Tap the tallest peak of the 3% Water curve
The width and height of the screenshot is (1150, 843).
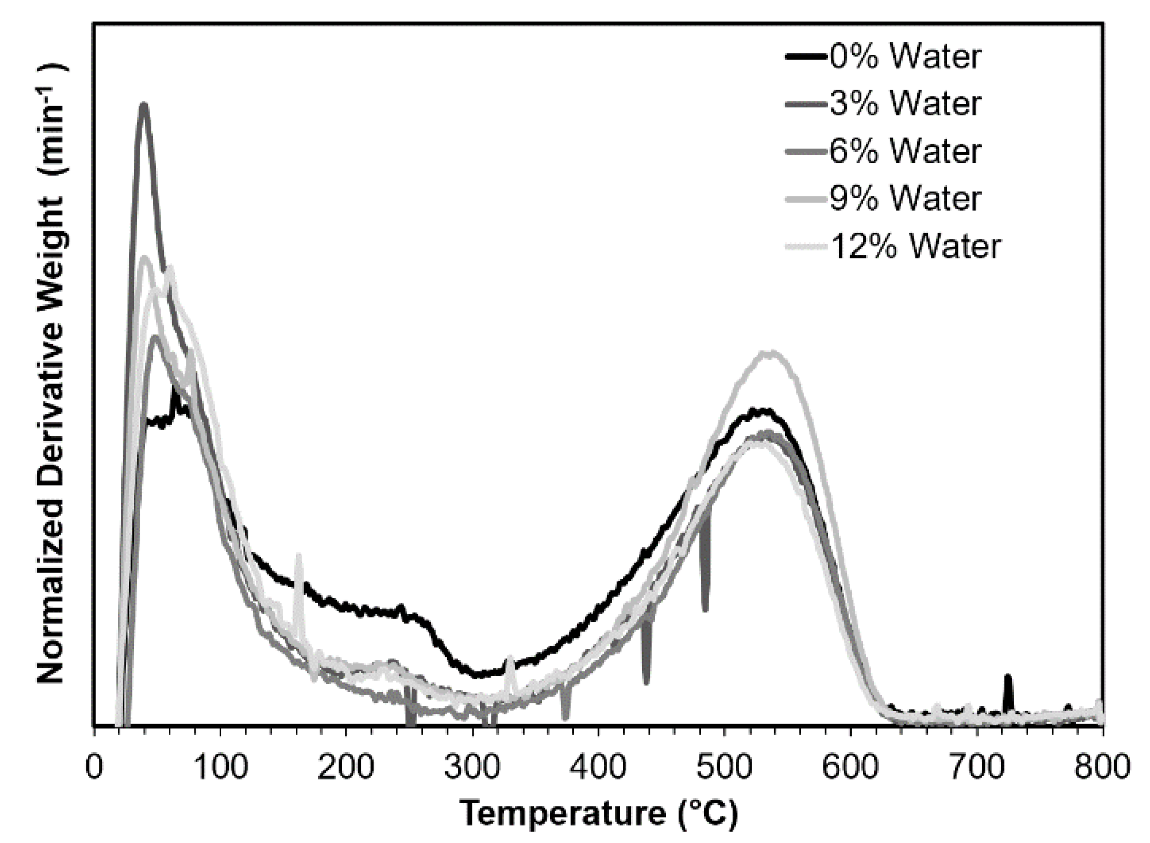pos(144,105)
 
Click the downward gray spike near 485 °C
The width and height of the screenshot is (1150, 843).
pos(705,604)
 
